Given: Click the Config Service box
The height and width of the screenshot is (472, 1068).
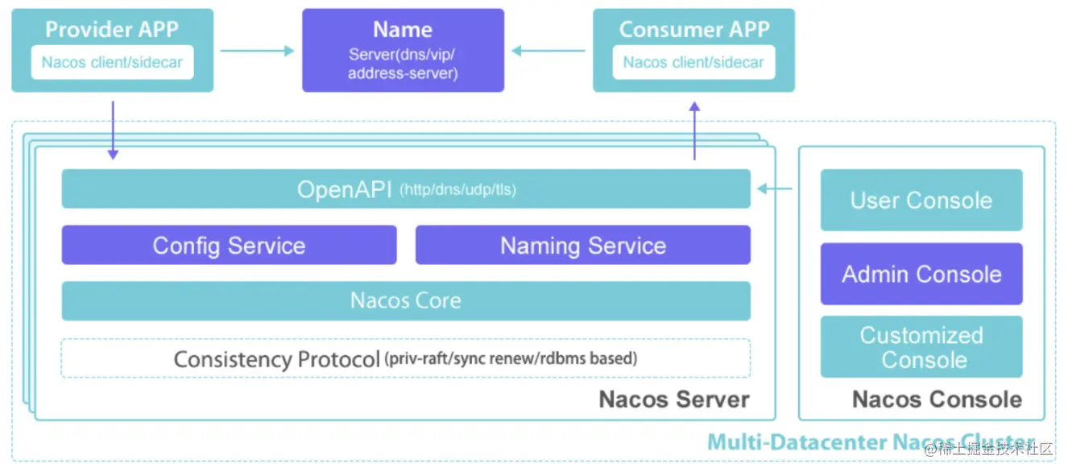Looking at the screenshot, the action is point(229,245).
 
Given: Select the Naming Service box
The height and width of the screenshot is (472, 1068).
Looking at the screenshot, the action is point(582,245).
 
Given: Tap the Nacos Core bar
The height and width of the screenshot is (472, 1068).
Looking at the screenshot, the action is point(406,301).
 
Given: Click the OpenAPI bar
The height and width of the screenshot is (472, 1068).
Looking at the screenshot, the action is point(406,188).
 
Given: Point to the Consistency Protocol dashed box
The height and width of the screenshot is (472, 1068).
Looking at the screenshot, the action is point(406,358).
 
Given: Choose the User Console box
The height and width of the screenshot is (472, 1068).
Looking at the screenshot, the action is point(921,201).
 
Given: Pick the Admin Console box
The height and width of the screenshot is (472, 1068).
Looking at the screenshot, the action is point(921,274).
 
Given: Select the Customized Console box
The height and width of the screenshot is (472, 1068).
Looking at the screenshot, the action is point(921,346).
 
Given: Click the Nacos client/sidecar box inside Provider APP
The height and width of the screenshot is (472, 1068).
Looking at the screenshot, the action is point(113,62).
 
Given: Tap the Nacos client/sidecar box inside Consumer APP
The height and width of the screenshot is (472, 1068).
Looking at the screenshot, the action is point(693,62).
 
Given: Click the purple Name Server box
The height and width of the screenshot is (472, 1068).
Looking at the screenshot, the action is point(403,50).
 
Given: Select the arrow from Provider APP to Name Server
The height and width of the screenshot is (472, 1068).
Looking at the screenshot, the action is point(258,51).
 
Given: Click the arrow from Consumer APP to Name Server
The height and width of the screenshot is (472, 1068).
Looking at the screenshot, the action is point(548,51).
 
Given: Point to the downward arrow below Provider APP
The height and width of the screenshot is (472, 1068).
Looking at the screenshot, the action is point(113,130).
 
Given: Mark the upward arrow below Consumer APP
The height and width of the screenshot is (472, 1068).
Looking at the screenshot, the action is point(694,130).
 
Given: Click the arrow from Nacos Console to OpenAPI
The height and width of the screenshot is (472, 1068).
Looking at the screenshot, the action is point(775,188).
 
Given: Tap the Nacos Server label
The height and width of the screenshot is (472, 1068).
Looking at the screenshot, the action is point(674,400).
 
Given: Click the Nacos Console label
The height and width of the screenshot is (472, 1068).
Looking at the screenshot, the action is point(937,400).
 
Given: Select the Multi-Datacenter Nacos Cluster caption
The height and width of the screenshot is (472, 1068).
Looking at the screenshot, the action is point(871,442).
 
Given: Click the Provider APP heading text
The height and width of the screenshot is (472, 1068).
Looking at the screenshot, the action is point(112,29).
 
